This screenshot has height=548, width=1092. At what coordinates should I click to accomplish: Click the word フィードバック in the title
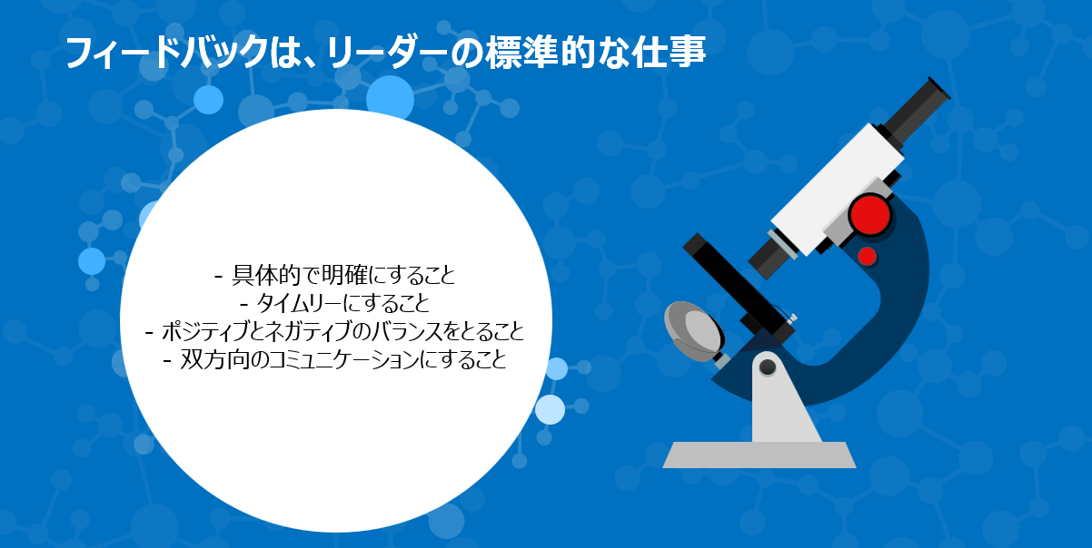(x=166, y=53)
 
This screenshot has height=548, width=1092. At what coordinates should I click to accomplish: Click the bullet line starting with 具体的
(x=334, y=276)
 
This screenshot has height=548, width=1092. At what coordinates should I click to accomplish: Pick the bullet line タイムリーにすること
(x=334, y=304)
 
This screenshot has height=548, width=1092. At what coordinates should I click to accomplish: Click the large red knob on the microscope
(x=869, y=215)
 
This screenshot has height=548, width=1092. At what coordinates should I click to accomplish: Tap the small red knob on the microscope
(x=867, y=256)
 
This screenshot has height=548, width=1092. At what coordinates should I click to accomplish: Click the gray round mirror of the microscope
(x=695, y=331)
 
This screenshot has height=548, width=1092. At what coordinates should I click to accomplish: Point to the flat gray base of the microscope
(x=759, y=455)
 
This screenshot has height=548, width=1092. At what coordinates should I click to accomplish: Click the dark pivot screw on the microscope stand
(x=768, y=367)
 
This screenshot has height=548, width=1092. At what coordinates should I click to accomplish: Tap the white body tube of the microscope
(x=837, y=190)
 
